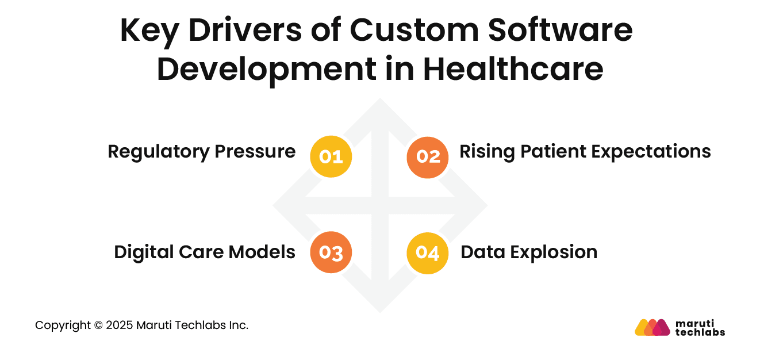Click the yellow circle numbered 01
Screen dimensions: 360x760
(x=331, y=156)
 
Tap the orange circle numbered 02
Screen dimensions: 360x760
(x=428, y=156)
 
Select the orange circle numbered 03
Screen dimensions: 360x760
(x=331, y=252)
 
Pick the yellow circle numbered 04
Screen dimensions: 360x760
(x=428, y=252)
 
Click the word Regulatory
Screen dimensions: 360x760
(x=159, y=152)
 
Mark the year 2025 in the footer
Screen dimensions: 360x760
(x=119, y=325)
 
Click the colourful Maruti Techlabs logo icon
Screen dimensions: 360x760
(x=652, y=327)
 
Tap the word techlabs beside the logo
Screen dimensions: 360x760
(x=700, y=332)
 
